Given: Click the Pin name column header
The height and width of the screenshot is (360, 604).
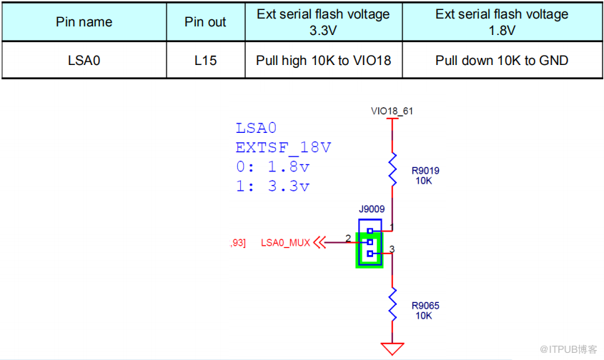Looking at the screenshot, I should click(x=84, y=22).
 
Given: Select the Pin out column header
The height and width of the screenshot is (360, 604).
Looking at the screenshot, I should click(x=205, y=22).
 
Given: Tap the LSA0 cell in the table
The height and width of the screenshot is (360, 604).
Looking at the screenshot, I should click(x=84, y=61).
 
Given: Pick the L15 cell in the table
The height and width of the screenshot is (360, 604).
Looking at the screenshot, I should click(x=205, y=61).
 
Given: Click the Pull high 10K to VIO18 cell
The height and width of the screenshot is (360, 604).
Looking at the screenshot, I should click(x=323, y=61).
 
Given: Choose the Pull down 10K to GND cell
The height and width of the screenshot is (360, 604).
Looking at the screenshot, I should click(x=502, y=61).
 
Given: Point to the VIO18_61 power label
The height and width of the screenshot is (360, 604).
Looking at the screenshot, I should click(x=392, y=111).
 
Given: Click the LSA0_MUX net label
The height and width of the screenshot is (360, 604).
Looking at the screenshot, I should click(x=285, y=243).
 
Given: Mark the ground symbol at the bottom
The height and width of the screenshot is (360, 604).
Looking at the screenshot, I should click(x=392, y=349).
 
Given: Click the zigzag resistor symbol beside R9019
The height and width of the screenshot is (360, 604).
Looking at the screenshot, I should click(x=392, y=169).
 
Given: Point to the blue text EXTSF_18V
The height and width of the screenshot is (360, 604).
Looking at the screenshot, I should click(x=283, y=148).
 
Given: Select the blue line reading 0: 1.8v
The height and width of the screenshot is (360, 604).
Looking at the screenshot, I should click(x=272, y=167).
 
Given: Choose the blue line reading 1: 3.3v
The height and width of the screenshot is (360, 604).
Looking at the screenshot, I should click(x=272, y=186).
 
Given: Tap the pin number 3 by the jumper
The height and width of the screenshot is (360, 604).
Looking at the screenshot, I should click(x=392, y=249).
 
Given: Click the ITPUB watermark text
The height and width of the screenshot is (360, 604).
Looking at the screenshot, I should click(x=569, y=349).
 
